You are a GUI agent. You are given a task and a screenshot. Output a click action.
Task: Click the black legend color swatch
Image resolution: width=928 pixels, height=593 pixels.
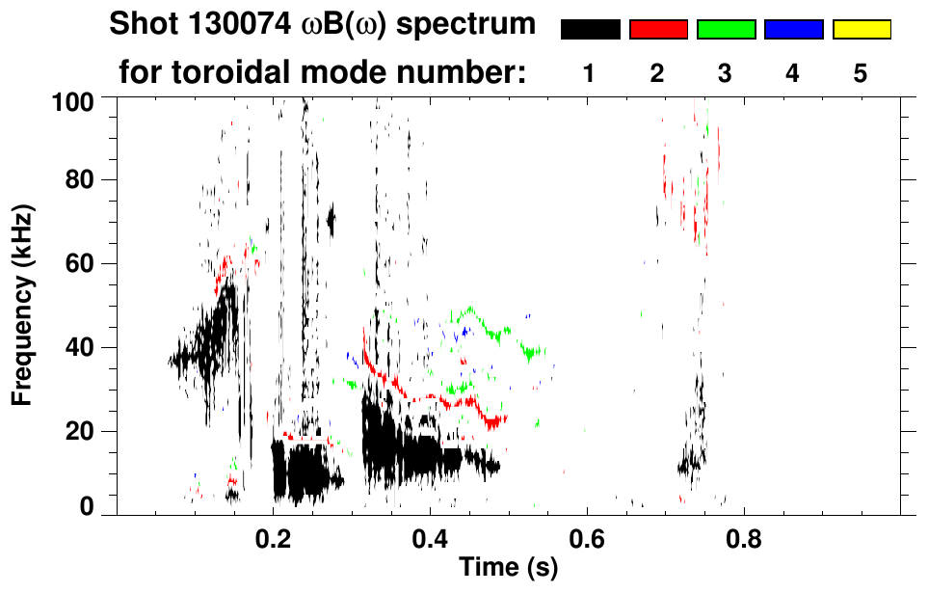point(590,30)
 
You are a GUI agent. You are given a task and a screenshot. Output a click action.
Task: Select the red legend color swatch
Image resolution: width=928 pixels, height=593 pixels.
point(658,30)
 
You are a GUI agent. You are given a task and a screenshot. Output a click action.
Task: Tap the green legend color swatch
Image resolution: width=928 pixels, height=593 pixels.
point(726,30)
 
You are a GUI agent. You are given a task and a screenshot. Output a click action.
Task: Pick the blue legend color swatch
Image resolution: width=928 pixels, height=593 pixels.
point(793,30)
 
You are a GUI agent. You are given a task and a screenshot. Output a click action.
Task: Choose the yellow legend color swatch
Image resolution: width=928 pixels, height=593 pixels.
point(862,30)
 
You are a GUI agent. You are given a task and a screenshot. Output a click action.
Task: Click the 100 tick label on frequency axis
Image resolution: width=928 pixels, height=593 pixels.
point(73,100)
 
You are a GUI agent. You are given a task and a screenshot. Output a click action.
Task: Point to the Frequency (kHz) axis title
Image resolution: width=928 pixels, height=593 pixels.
point(23,305)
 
